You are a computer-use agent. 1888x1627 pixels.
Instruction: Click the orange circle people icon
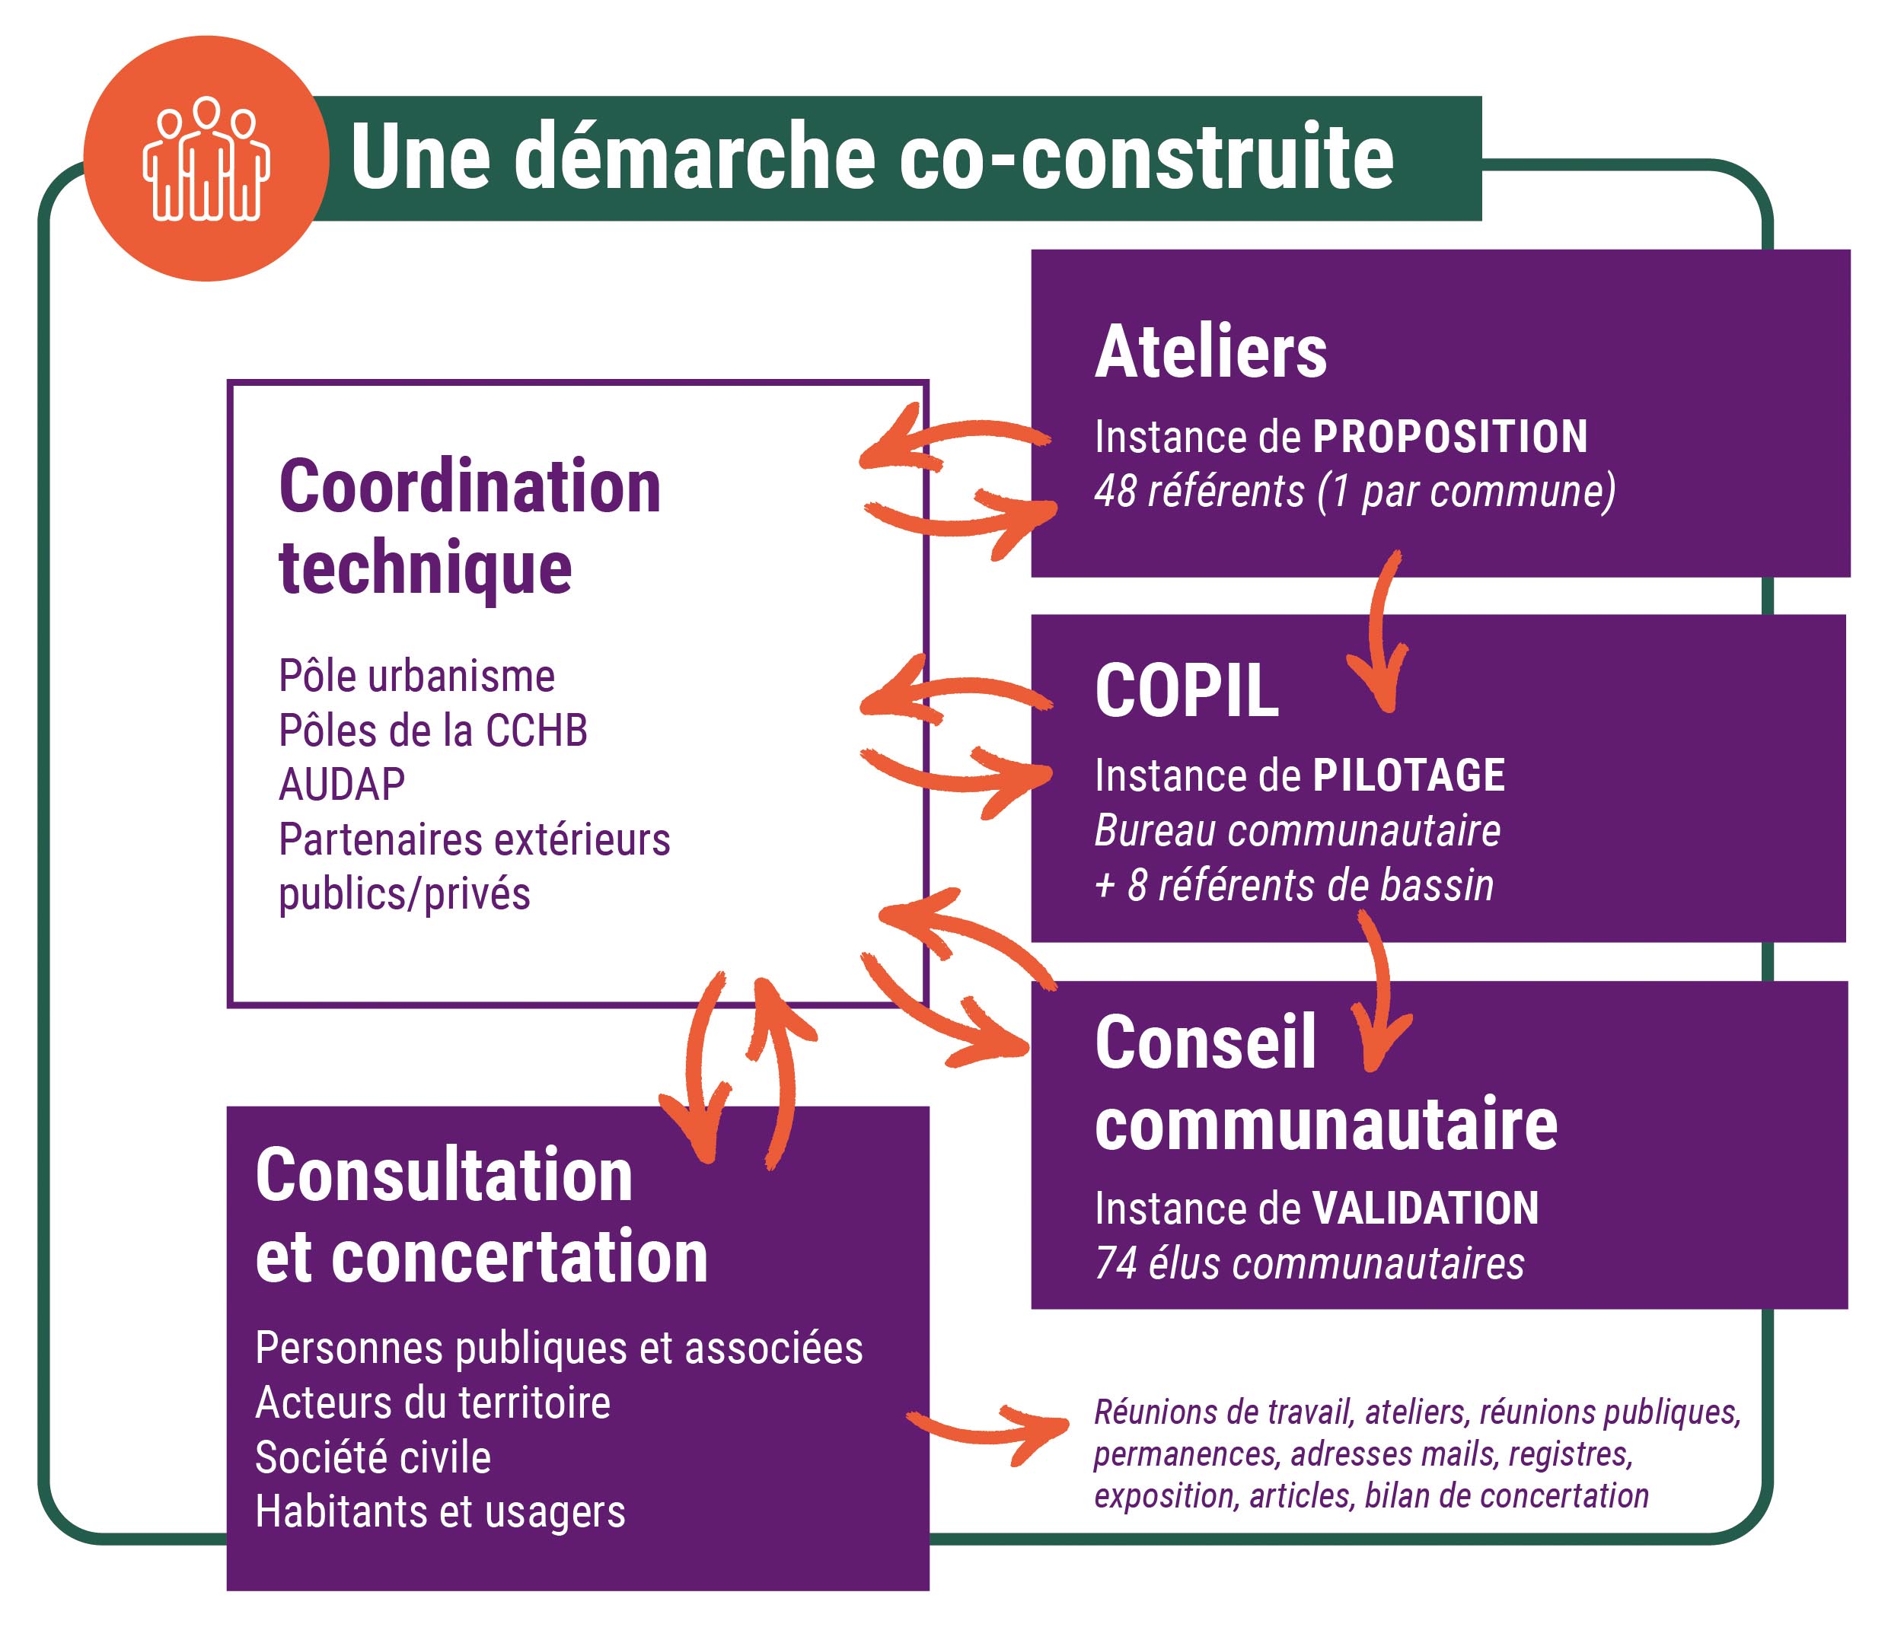[206, 158]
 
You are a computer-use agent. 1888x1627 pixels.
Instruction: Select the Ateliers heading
[1211, 352]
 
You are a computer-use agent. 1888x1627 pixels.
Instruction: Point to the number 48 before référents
[1115, 491]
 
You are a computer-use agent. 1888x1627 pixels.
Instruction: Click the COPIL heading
[1186, 690]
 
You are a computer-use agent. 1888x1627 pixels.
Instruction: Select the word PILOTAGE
[1408, 775]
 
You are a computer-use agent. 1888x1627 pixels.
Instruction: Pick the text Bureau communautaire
[1297, 830]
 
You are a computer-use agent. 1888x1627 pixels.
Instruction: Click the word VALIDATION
[1425, 1208]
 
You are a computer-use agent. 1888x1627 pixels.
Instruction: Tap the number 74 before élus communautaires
[1115, 1263]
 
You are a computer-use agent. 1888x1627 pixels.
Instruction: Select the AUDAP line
[342, 785]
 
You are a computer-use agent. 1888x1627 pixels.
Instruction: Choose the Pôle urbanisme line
[416, 676]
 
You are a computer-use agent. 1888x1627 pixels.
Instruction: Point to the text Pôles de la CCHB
[433, 731]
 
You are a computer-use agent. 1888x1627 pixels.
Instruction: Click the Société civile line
[373, 1457]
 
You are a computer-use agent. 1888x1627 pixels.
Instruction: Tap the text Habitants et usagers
[440, 1512]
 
